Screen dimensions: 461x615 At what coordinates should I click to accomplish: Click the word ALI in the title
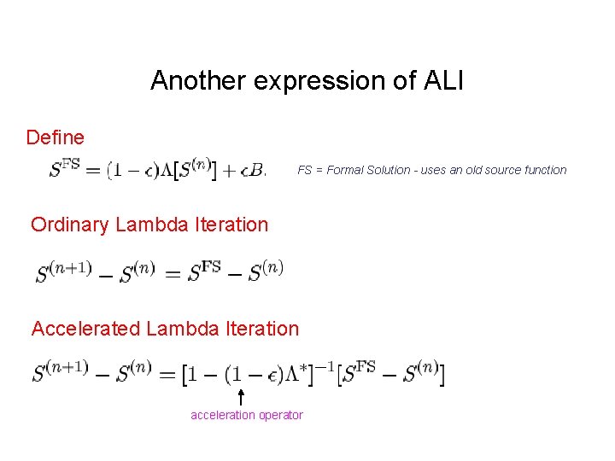click(x=443, y=80)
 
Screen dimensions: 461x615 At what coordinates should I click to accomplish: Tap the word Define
click(x=56, y=137)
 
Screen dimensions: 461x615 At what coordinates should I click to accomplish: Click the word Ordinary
click(x=70, y=225)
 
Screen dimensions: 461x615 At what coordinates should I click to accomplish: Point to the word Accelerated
click(x=84, y=329)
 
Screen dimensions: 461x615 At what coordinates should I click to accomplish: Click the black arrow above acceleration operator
click(x=241, y=397)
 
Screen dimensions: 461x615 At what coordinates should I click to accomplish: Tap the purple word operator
click(x=281, y=416)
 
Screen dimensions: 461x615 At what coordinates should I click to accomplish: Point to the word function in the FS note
click(x=545, y=170)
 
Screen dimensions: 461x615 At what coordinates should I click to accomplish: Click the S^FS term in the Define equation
click(x=66, y=169)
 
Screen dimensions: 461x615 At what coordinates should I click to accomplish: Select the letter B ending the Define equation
click(x=259, y=171)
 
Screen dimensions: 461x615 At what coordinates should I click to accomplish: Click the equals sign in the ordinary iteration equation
click(x=172, y=273)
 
